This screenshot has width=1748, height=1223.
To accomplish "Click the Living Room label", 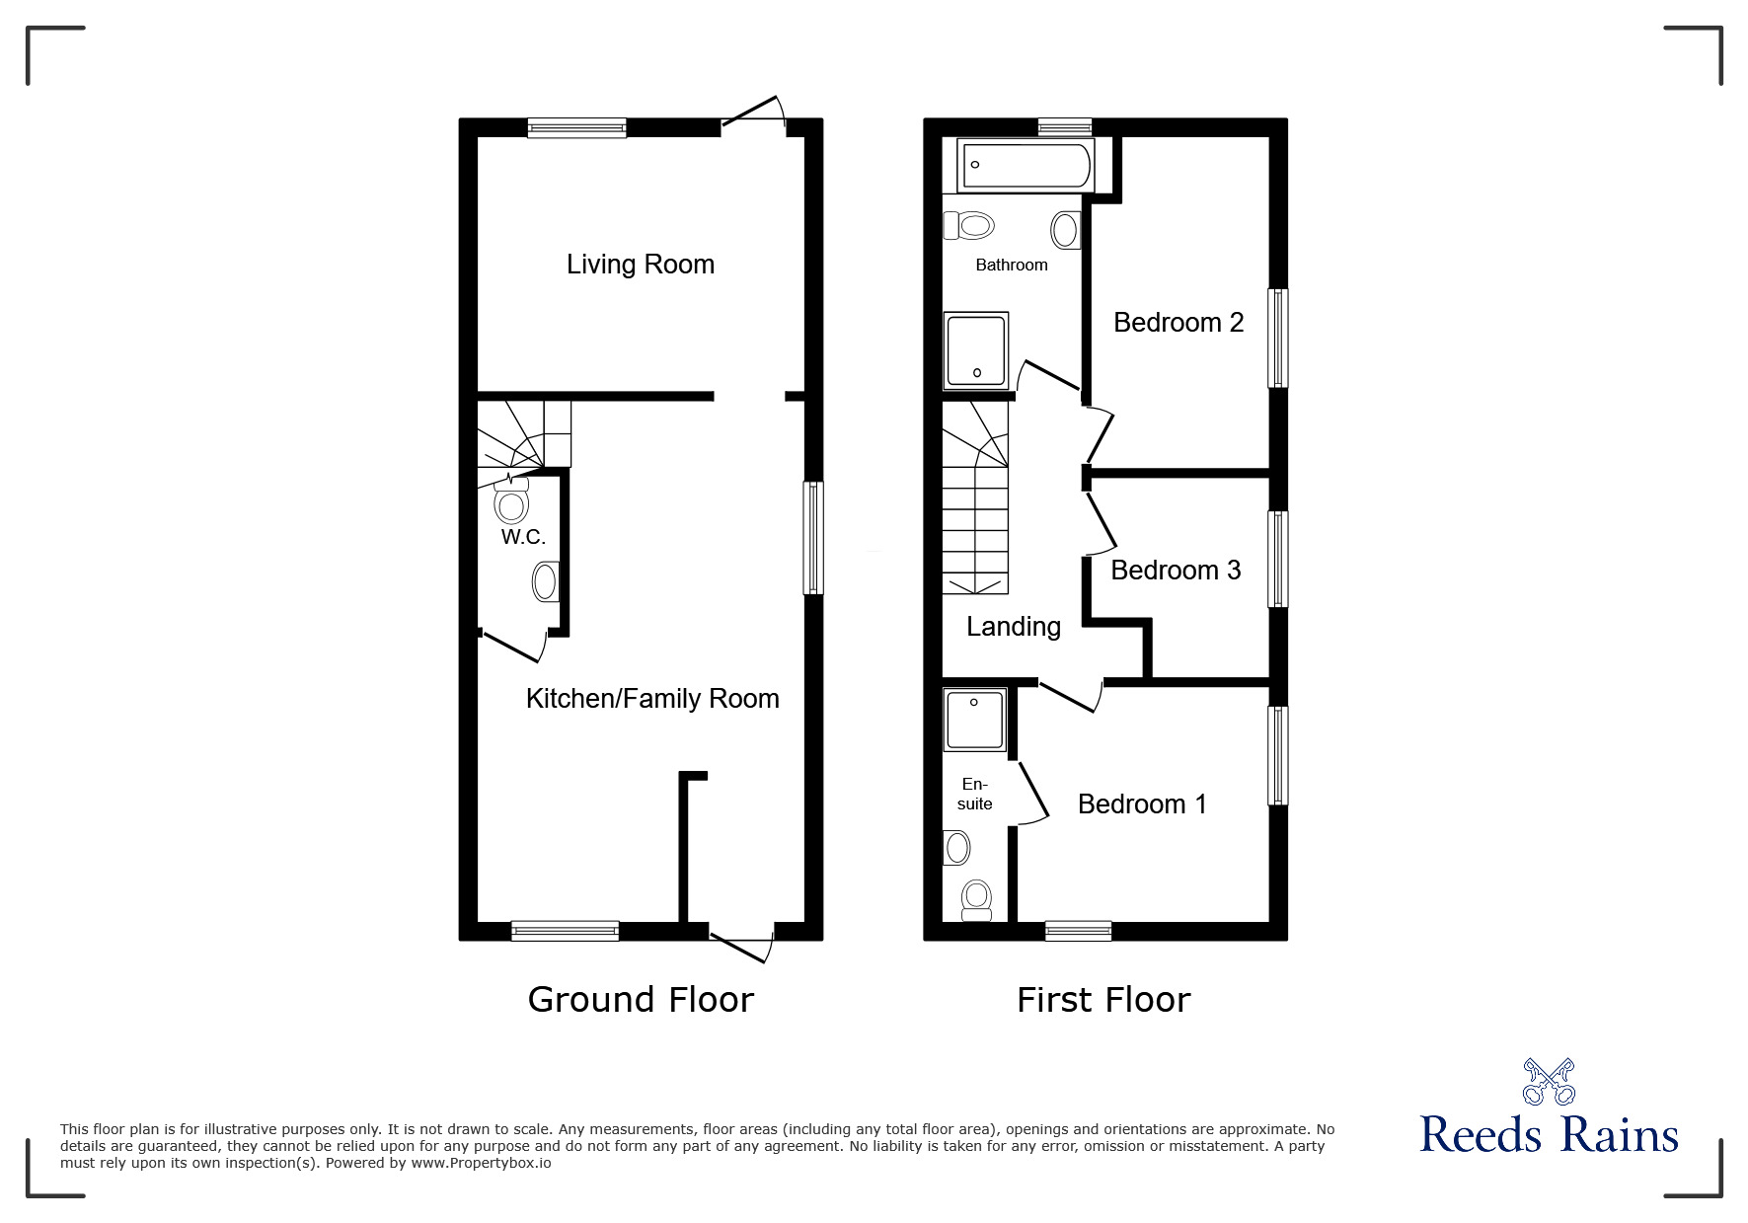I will tap(640, 265).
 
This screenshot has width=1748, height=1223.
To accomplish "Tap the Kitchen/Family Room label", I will tap(652, 699).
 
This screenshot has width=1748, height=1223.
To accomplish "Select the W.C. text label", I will tap(523, 537).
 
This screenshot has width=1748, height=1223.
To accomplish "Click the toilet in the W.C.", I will tap(511, 502).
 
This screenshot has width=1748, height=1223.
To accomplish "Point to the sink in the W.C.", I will tap(545, 582).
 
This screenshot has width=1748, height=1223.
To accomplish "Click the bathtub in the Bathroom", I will tap(1026, 165).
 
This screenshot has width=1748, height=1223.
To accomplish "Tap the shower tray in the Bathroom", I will tap(976, 349).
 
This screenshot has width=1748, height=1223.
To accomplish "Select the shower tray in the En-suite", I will tap(974, 720).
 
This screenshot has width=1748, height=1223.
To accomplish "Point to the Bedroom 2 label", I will tap(1178, 323).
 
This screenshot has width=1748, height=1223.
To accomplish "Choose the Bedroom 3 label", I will tap(1176, 571).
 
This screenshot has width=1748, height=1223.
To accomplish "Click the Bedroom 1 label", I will tap(1142, 804).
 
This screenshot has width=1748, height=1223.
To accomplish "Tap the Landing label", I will tap(1014, 627).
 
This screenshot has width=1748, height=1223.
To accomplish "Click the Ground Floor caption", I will tap(641, 1000).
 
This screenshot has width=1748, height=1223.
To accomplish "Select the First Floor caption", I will tap(1103, 1000).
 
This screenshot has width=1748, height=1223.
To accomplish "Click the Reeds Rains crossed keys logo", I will tap(1549, 1082).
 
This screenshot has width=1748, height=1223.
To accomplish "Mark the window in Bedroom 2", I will tap(1278, 338).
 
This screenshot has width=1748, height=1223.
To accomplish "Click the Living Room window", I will tap(576, 127).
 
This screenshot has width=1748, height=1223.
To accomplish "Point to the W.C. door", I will tap(513, 648).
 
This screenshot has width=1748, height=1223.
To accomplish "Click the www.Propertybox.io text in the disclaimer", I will tap(481, 1163).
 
